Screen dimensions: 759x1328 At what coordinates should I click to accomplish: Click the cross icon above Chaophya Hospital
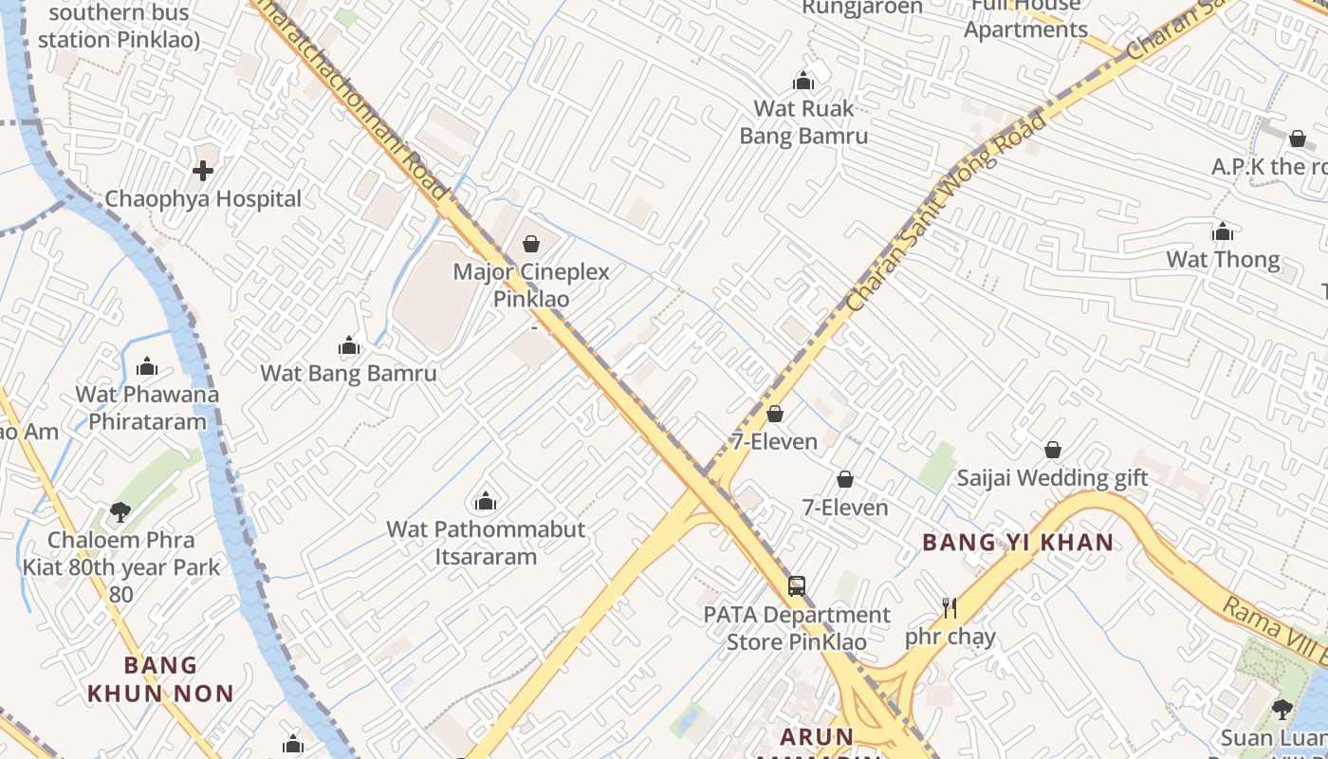pyautogui.click(x=202, y=171)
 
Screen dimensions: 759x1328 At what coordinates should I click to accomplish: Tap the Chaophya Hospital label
pyautogui.click(x=203, y=199)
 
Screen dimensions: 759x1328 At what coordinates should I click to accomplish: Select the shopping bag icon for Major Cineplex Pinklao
pyautogui.click(x=531, y=244)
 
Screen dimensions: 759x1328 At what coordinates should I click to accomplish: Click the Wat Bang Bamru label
pyautogui.click(x=348, y=373)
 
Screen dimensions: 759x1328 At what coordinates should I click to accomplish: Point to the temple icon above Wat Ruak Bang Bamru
pyautogui.click(x=803, y=81)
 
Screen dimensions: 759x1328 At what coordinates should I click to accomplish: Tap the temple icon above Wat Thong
pyautogui.click(x=1223, y=231)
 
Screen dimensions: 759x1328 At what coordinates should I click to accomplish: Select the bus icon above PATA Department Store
pyautogui.click(x=797, y=586)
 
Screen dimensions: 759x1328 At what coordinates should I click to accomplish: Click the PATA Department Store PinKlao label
pyautogui.click(x=797, y=628)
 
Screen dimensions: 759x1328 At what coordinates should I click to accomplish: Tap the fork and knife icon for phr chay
pyautogui.click(x=950, y=607)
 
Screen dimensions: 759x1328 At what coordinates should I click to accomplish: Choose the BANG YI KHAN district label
pyautogui.click(x=1018, y=543)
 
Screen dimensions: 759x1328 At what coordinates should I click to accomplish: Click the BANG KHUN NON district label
pyautogui.click(x=160, y=679)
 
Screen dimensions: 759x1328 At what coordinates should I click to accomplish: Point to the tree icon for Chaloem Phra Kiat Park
pyautogui.click(x=120, y=512)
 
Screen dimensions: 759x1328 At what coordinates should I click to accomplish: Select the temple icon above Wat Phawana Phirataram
pyautogui.click(x=147, y=366)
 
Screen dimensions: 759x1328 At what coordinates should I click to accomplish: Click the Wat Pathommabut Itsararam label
pyautogui.click(x=486, y=543)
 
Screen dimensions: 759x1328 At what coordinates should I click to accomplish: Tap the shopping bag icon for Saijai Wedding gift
pyautogui.click(x=1052, y=450)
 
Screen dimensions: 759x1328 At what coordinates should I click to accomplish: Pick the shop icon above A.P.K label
pyautogui.click(x=1297, y=139)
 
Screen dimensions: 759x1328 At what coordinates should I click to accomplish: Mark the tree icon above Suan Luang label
pyautogui.click(x=1282, y=709)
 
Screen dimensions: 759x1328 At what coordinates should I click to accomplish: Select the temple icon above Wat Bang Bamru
pyautogui.click(x=349, y=345)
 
